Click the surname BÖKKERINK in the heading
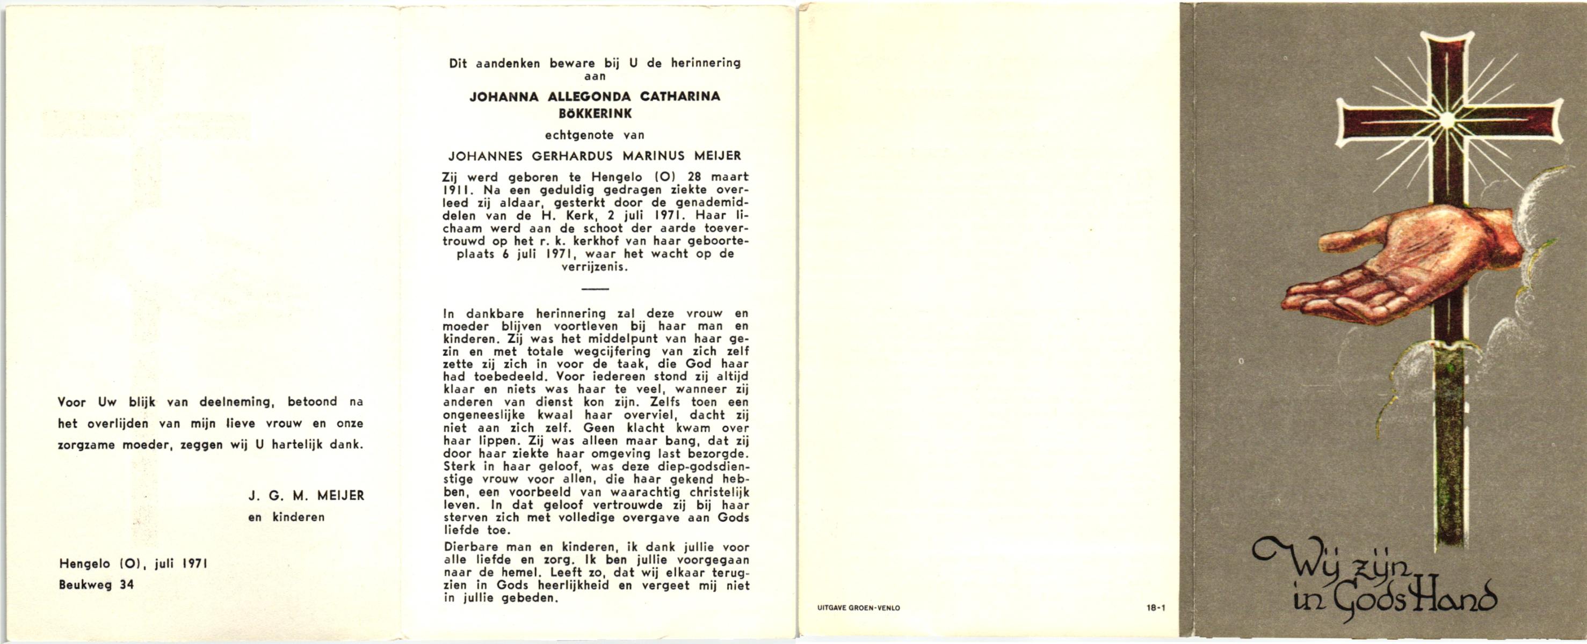[595, 114]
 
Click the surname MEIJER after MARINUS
[717, 156]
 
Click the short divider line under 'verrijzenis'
[595, 289]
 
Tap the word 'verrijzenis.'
[595, 267]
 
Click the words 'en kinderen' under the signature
[286, 517]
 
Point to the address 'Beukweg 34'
[96, 585]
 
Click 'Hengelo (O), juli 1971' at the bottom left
[133, 563]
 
